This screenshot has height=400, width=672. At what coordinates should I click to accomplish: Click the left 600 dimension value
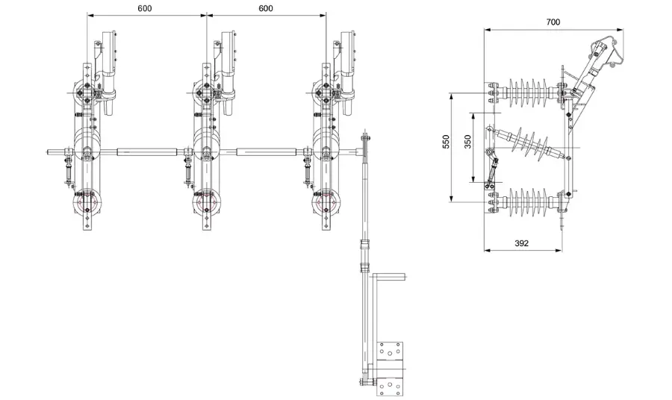pyautogui.click(x=147, y=8)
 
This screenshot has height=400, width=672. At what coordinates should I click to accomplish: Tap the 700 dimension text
pyautogui.click(x=553, y=22)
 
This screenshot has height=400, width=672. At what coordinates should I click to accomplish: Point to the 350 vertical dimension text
pyautogui.click(x=468, y=143)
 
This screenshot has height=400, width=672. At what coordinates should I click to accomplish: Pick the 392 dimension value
pyautogui.click(x=522, y=243)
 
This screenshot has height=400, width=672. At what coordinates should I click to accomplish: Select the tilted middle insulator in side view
pyautogui.click(x=531, y=144)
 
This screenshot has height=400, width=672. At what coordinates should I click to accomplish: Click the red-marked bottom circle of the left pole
pyautogui.click(x=87, y=202)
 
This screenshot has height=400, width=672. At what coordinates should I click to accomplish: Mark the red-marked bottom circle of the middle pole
pyautogui.click(x=207, y=202)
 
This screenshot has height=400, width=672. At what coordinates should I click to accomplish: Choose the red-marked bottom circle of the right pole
pyautogui.click(x=326, y=202)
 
